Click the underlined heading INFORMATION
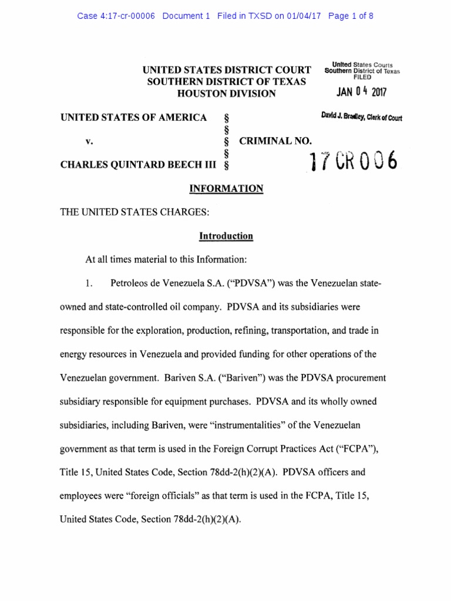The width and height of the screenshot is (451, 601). click(x=226, y=189)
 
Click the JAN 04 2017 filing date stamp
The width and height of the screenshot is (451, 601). click(x=362, y=92)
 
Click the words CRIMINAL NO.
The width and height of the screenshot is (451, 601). click(x=275, y=141)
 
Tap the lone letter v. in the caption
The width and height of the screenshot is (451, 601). click(x=89, y=141)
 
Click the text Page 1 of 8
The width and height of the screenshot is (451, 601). click(x=351, y=16)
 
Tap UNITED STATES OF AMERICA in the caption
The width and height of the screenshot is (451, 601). click(x=133, y=117)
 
